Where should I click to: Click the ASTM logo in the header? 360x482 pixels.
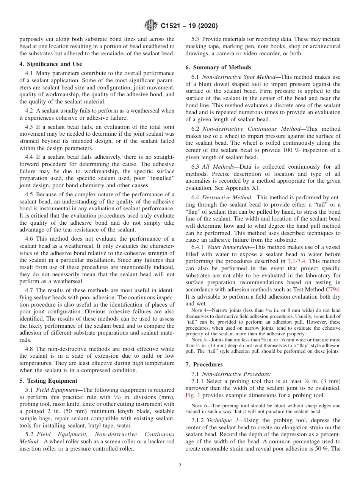(151, 26)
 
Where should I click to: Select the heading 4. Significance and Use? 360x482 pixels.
(51, 64)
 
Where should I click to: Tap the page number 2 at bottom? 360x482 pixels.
(180, 466)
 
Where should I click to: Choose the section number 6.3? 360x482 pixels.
(196, 167)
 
